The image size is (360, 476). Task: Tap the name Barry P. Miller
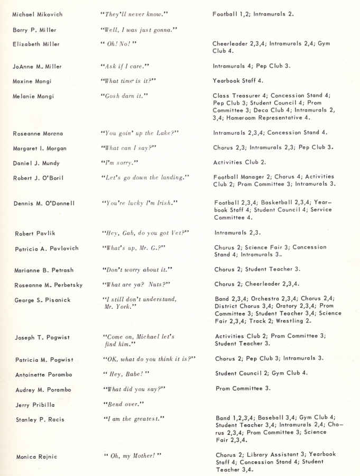pyautogui.click(x=34, y=30)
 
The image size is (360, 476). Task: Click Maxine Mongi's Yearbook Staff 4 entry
pyautogui.click(x=238, y=81)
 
